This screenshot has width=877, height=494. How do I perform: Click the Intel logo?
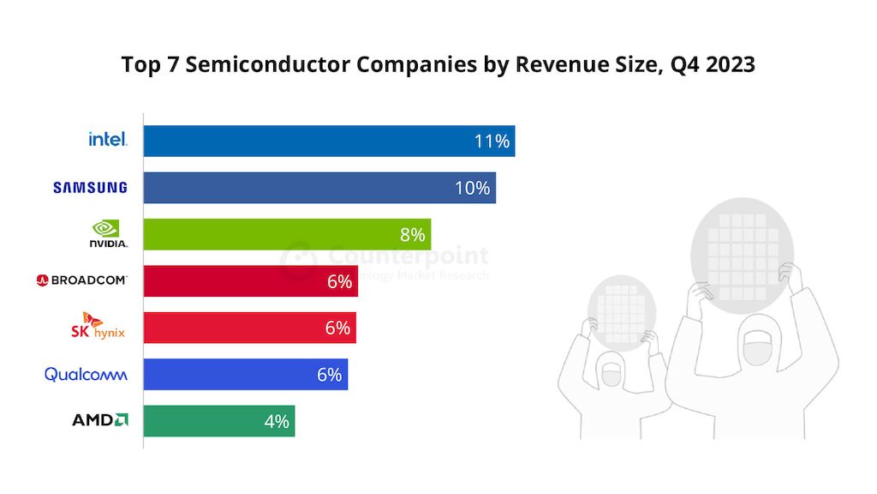pyautogui.click(x=108, y=139)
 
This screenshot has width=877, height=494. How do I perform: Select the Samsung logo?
pyautogui.click(x=90, y=187)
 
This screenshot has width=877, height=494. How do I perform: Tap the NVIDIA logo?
pyautogui.click(x=108, y=233)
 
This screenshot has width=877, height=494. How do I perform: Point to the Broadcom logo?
pyautogui.click(x=82, y=280)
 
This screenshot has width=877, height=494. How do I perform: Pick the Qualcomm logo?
pyautogui.click(x=86, y=374)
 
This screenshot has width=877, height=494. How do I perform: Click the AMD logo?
pyautogui.click(x=100, y=420)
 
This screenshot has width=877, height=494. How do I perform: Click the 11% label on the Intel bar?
pyautogui.click(x=492, y=141)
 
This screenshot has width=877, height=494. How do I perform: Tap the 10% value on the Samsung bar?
pyautogui.click(x=472, y=188)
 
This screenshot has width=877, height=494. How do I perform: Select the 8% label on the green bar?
pyautogui.click(x=412, y=234)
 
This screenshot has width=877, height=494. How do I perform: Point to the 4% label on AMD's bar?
pyautogui.click(x=276, y=421)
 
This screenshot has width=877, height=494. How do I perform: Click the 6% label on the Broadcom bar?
pyautogui.click(x=339, y=281)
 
